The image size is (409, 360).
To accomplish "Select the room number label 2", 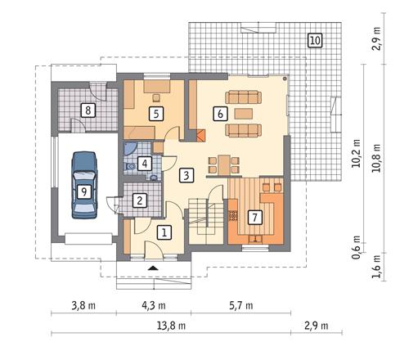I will pyautogui.click(x=141, y=199).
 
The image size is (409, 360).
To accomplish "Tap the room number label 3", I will pyautogui.click(x=187, y=174).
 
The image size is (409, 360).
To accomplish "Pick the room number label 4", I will pyautogui.click(x=145, y=164).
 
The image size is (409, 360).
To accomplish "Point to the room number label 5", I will pyautogui.click(x=155, y=114).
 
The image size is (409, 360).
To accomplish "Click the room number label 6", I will pyautogui.click(x=220, y=114).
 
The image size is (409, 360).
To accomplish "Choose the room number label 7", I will pyautogui.click(x=254, y=218).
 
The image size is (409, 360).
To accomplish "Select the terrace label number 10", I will pyautogui.click(x=315, y=39).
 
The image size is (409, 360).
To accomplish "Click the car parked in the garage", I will pyautogui.click(x=83, y=185).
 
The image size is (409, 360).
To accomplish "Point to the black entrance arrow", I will pyautogui.click(x=152, y=267).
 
